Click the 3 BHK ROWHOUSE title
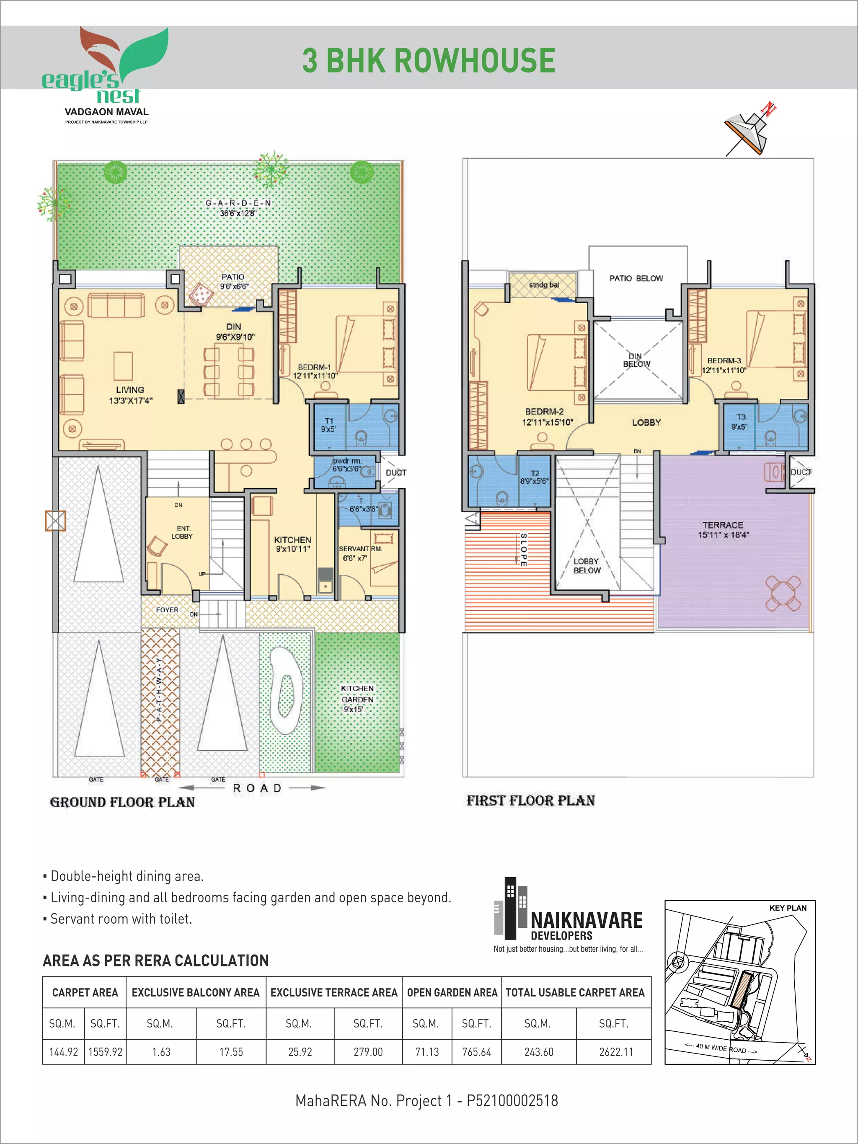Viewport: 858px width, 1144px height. click(x=429, y=60)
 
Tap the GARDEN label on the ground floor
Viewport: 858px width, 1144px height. click(x=238, y=203)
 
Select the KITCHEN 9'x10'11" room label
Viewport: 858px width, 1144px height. click(x=293, y=544)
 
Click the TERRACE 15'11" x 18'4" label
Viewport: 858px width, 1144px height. click(x=723, y=529)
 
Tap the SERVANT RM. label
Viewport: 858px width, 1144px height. click(x=360, y=549)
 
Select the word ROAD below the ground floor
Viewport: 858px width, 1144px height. click(x=257, y=788)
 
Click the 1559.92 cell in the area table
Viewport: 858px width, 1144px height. click(x=106, y=1052)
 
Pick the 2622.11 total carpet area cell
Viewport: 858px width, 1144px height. click(x=616, y=1052)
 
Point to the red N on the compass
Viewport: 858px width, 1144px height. click(x=769, y=110)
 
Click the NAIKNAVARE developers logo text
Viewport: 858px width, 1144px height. click(x=587, y=921)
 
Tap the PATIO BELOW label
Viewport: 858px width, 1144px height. click(x=636, y=278)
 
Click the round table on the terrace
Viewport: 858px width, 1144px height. click(x=783, y=593)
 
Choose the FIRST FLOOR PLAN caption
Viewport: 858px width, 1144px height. click(x=531, y=801)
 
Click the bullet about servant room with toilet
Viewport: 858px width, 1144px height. click(x=121, y=919)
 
